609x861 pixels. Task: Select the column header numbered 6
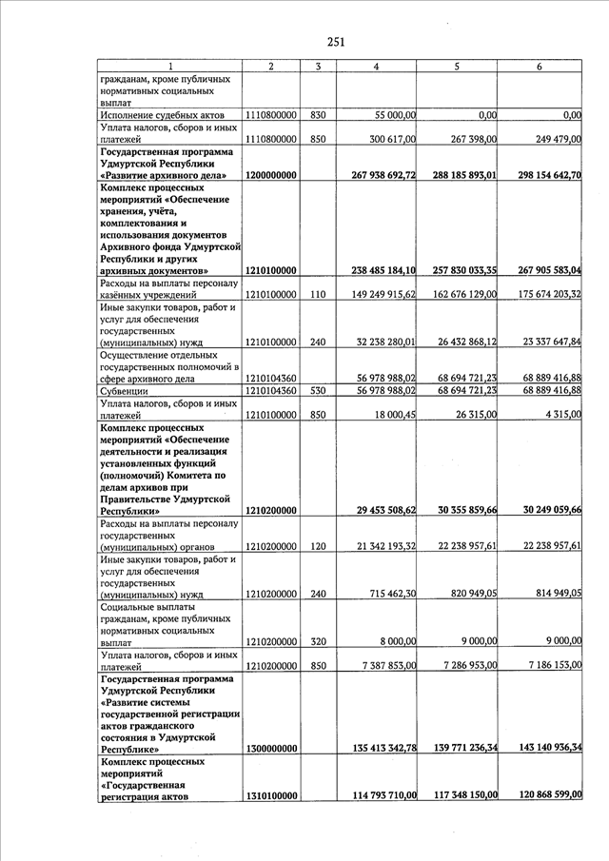540,66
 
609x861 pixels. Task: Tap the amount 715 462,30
390,594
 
